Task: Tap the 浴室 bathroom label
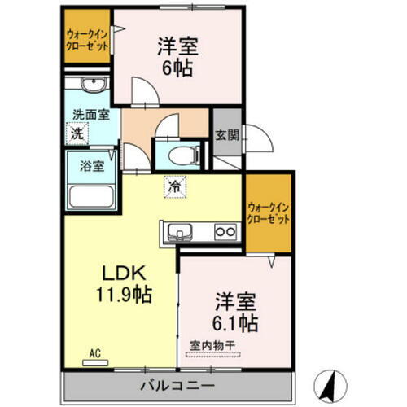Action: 90,166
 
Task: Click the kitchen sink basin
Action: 181,234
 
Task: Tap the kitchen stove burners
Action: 225,234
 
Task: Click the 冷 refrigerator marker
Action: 173,186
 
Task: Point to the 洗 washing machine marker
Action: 77,133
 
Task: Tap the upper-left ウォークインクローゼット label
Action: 87,40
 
